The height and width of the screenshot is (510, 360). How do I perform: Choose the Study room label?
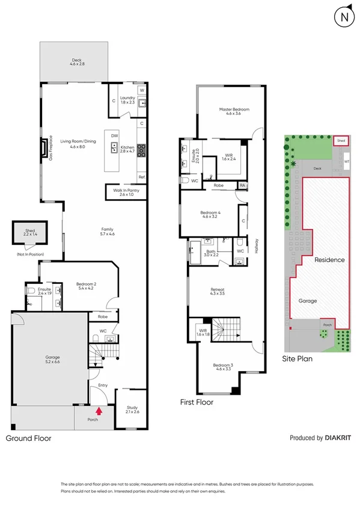(132, 408)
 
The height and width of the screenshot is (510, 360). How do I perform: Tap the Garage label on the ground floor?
(53, 359)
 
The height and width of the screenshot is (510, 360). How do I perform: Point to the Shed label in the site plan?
(341, 141)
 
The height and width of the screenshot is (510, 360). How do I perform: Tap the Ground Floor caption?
(28, 438)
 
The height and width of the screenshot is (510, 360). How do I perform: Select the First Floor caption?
(197, 402)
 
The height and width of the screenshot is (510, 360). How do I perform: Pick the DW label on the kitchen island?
(114, 135)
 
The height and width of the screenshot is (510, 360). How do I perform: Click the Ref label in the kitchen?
(141, 177)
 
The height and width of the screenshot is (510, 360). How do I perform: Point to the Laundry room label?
(127, 100)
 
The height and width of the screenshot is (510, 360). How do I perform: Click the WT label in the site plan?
(347, 161)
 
